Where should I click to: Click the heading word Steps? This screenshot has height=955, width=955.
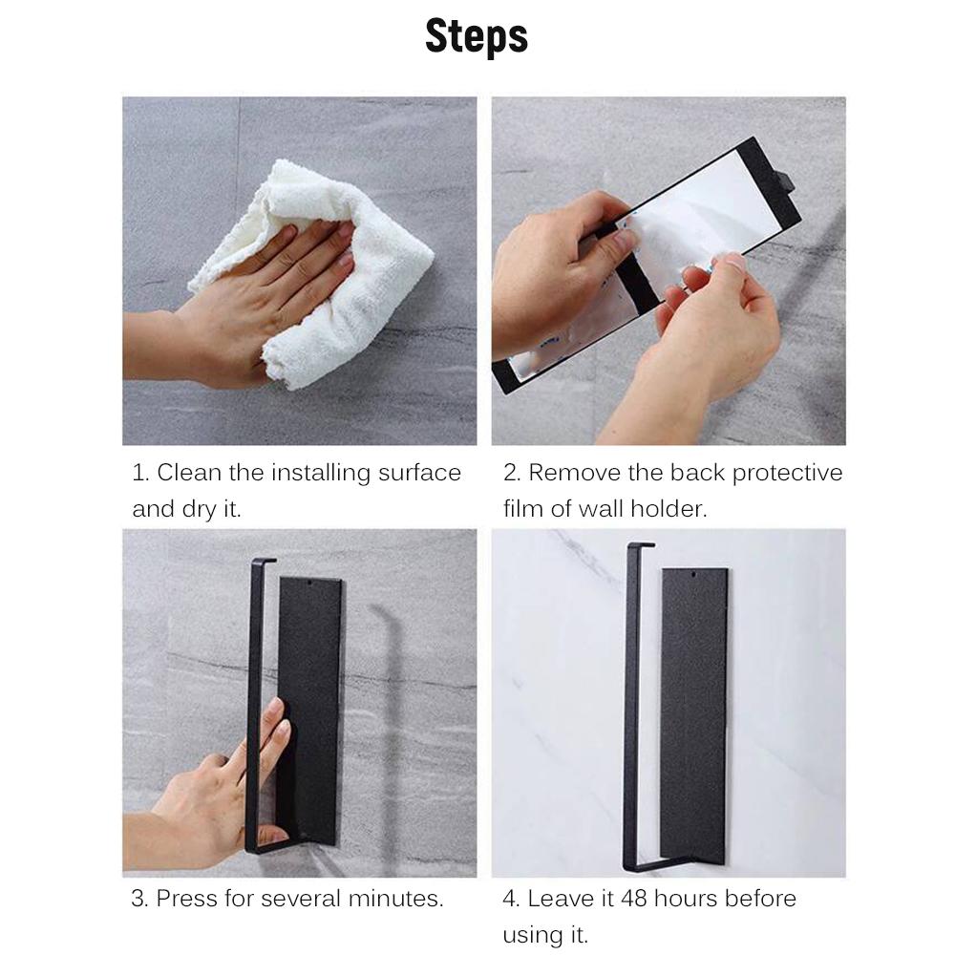(x=477, y=36)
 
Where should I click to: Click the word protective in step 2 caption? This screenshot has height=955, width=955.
(x=787, y=474)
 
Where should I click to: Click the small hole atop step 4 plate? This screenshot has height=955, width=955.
(x=693, y=574)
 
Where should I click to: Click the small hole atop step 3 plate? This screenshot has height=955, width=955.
(x=310, y=583)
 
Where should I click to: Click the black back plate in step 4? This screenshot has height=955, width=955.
(x=693, y=715)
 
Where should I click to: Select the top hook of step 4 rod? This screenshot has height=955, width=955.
(x=641, y=544)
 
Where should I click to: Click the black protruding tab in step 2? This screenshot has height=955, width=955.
(x=785, y=180)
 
